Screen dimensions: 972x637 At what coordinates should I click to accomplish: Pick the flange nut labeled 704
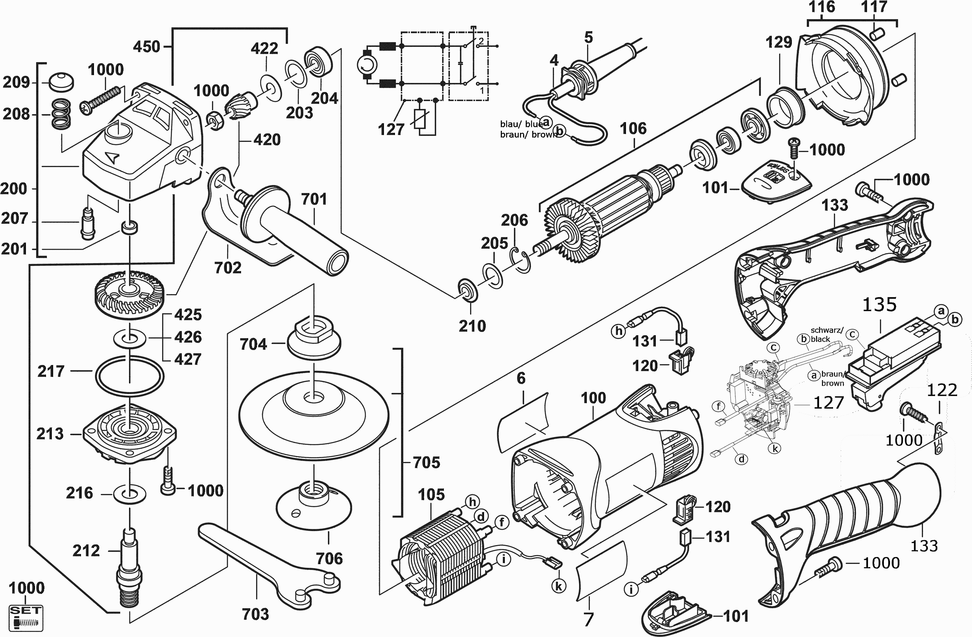click(x=313, y=337)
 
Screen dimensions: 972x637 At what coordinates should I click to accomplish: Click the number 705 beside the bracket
click(x=426, y=463)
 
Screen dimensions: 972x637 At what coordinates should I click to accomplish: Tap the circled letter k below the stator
click(x=558, y=586)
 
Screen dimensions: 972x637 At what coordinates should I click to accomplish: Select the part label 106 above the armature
click(x=633, y=129)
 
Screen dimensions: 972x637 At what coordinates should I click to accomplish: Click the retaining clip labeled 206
click(x=520, y=260)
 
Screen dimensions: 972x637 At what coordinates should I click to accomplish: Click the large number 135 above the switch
click(x=880, y=305)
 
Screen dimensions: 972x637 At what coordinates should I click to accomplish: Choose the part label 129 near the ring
click(x=779, y=42)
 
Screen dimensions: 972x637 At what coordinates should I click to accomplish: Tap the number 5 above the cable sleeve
click(x=588, y=38)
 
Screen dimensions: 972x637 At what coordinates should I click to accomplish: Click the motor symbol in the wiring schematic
click(x=367, y=64)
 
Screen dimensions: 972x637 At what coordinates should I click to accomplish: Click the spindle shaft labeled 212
click(x=129, y=568)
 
